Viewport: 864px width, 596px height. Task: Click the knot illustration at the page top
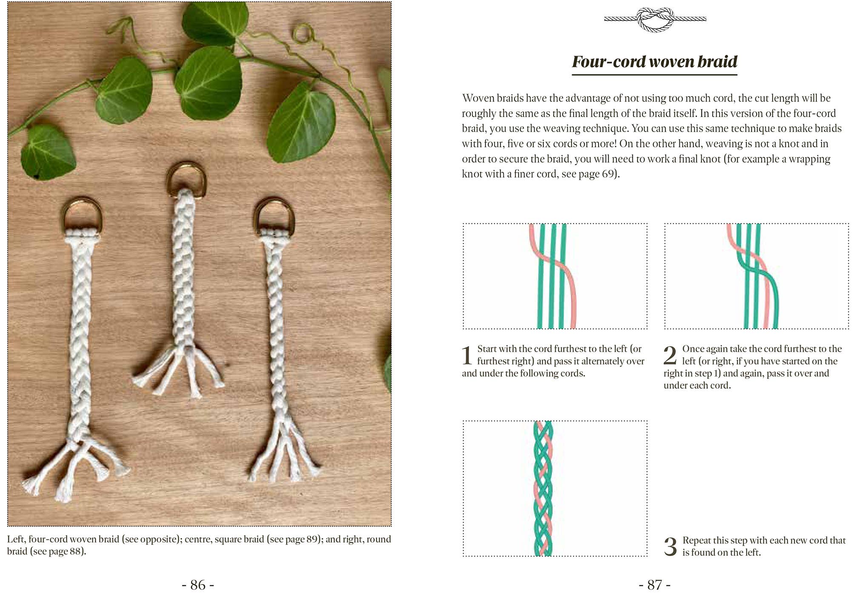[655, 19]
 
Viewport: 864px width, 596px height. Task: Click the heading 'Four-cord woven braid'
[654, 62]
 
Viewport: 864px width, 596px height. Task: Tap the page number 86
[198, 585]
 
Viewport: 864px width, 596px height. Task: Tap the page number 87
[655, 585]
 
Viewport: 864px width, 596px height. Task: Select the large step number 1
[467, 355]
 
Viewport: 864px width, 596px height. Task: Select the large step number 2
[670, 355]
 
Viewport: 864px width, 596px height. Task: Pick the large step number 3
[670, 547]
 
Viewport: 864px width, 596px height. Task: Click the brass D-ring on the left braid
[82, 213]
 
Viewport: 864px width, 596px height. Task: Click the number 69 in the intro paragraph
[607, 174]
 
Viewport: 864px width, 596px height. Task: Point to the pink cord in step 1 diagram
[566, 272]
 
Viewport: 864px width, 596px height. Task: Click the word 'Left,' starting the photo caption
[16, 539]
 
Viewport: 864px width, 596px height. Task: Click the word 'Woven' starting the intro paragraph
[478, 98]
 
